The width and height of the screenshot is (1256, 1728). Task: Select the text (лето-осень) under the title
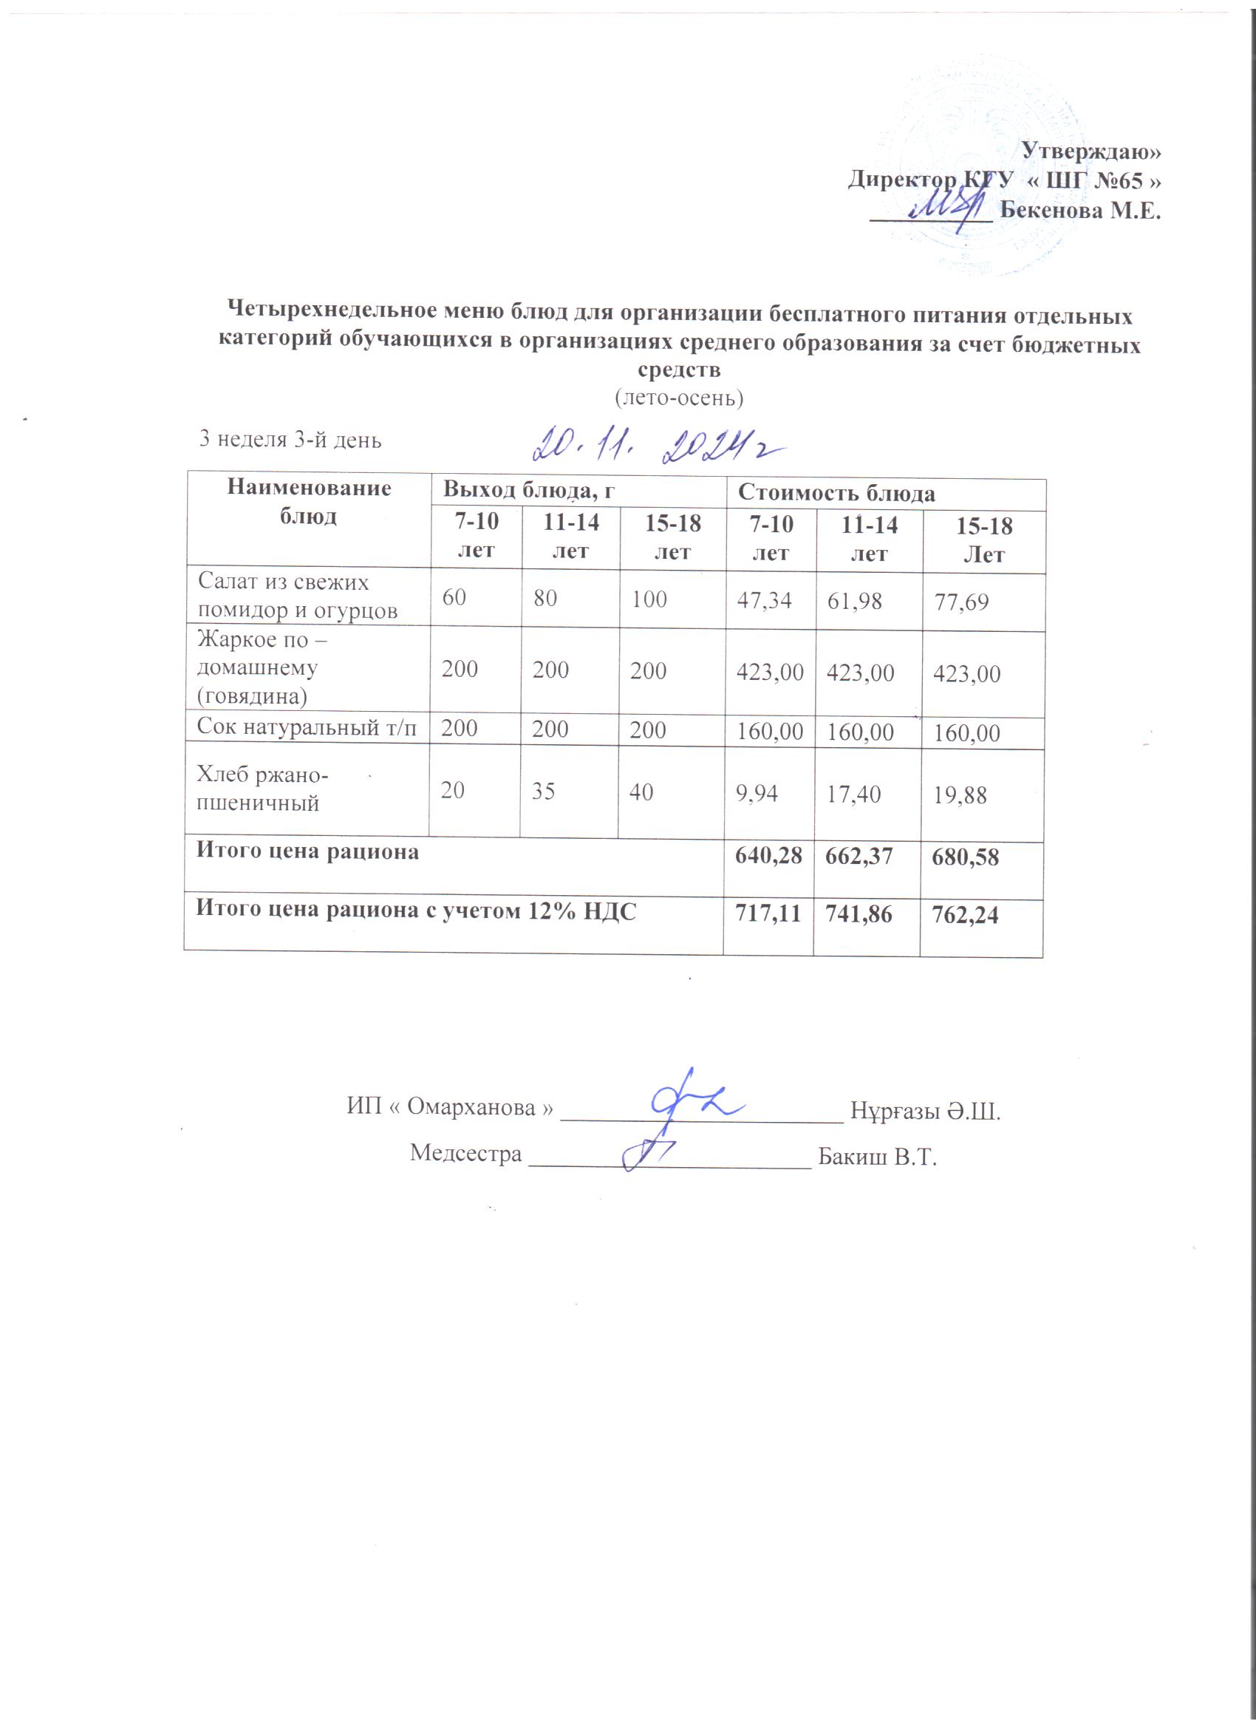[679, 398]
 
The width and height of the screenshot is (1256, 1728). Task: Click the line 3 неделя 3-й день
[290, 440]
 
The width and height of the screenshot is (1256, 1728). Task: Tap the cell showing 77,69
[961, 602]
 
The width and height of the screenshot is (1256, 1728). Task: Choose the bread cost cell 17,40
[854, 795]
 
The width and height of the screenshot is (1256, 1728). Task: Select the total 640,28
[768, 856]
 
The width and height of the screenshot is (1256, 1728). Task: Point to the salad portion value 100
[649, 599]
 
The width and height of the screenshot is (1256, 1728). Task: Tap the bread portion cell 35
[543, 792]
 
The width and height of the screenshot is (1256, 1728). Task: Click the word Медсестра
[465, 1154]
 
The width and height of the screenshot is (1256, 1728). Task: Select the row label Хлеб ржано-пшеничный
[262, 789]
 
